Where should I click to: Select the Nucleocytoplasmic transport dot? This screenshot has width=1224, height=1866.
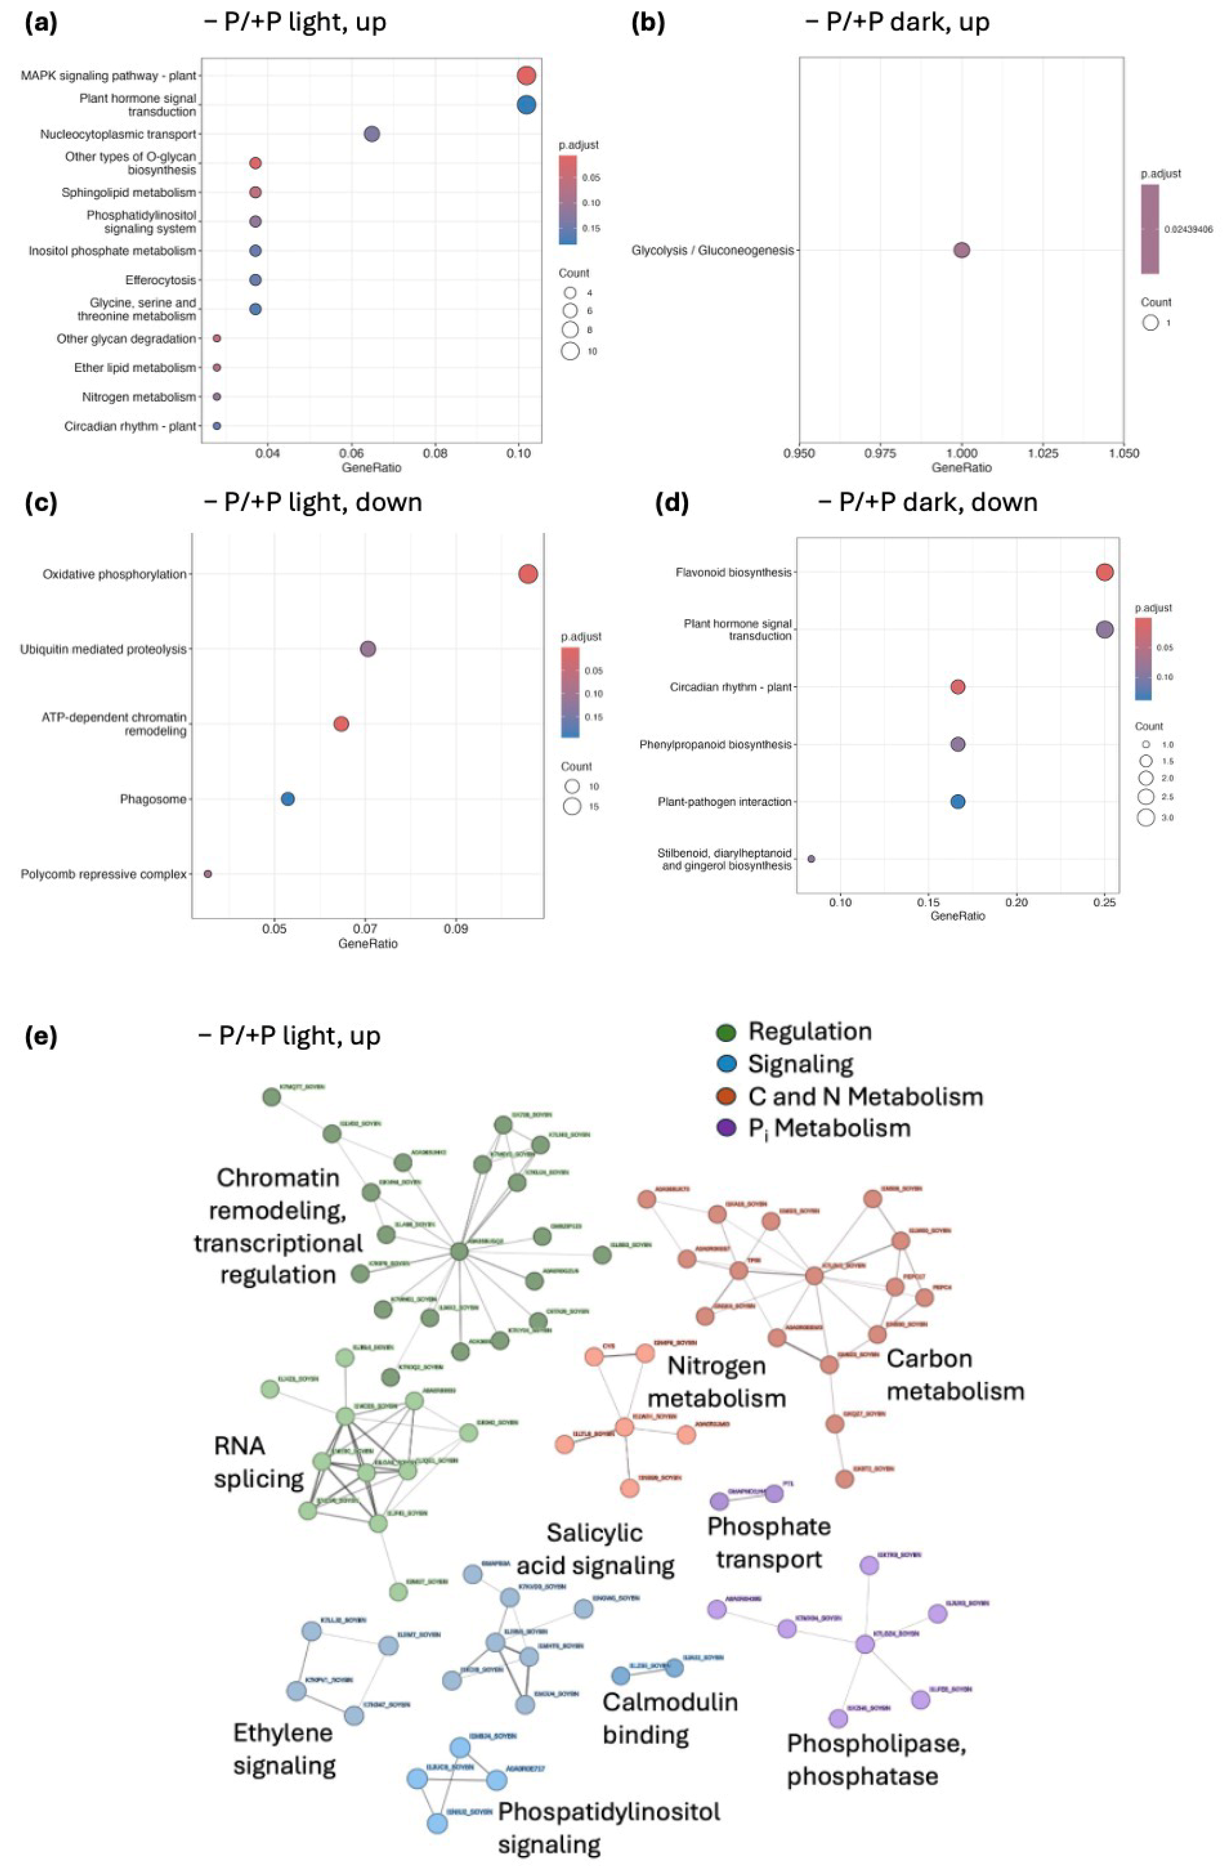click(371, 134)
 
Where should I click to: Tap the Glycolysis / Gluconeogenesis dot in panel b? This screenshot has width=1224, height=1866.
click(961, 250)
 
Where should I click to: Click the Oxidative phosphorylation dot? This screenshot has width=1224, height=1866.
click(528, 574)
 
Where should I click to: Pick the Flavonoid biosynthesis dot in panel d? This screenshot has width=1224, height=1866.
click(1104, 572)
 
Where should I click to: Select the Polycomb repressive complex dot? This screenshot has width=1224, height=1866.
click(208, 873)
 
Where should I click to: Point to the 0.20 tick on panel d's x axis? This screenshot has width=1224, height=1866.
click(1016, 902)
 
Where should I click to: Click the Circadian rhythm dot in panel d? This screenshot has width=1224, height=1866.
click(957, 687)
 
